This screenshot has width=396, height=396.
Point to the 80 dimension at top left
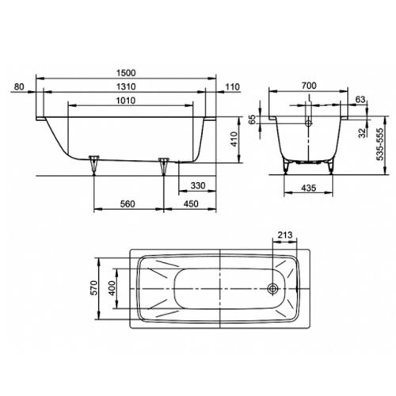20,86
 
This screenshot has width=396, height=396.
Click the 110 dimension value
231,86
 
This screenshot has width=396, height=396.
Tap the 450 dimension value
189,205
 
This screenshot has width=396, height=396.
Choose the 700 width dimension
309,86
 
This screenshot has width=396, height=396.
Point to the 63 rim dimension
360,101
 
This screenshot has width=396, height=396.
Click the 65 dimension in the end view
253,120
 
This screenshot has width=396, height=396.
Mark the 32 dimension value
360,132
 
